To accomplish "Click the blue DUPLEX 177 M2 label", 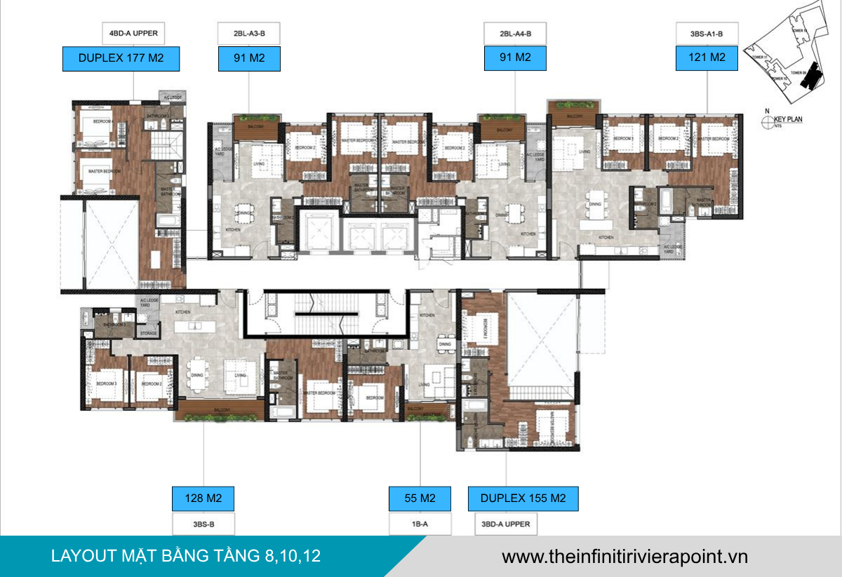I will point(121,58).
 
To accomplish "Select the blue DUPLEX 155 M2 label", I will point(523,498).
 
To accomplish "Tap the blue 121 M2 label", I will point(707,58).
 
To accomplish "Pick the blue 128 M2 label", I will point(203,498).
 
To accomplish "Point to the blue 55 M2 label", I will point(420,498).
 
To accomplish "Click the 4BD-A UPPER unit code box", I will point(133,33).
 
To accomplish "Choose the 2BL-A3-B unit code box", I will point(249,33).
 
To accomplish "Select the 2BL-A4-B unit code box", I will point(515,33).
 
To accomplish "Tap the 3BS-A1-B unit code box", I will point(707,33).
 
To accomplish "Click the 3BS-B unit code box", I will point(203,523).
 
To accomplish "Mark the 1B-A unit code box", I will point(420,523).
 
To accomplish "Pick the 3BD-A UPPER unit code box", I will point(506,523).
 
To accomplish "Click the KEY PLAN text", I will point(788,119).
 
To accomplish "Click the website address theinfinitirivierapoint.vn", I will point(624,557).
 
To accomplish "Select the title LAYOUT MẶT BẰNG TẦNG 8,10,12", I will point(186,557).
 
